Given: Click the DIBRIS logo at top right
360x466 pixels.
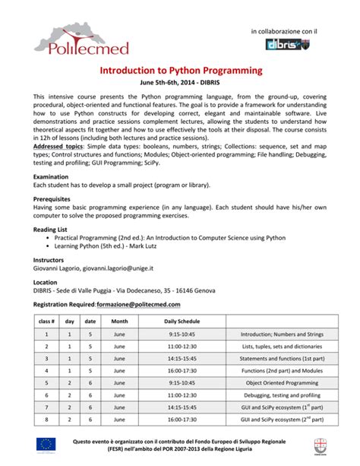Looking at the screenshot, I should tap(290, 44).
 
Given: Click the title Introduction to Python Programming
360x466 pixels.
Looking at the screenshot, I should tap(181, 70).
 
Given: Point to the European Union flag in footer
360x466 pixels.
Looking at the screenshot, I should tap(46, 445).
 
